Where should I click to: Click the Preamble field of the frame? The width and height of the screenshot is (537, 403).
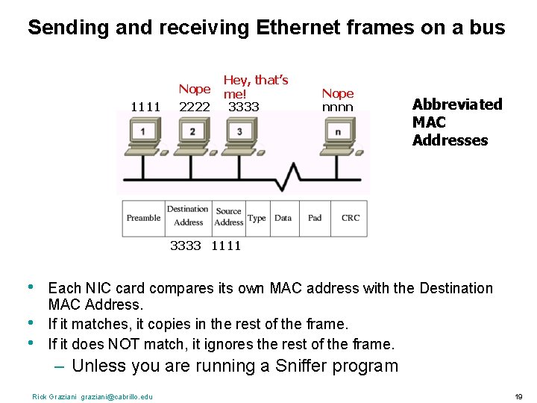(143, 218)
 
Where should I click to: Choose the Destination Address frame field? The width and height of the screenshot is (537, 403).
(188, 216)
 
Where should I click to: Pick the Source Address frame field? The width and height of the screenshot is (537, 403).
(228, 217)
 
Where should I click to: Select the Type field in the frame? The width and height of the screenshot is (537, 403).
(257, 218)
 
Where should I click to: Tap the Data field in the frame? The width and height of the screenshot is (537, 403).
(283, 218)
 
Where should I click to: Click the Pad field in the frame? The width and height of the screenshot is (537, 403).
(315, 218)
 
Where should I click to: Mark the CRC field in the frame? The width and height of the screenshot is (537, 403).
(351, 218)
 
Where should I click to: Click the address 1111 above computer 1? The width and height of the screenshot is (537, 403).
(145, 107)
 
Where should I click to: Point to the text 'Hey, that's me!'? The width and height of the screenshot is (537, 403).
(256, 87)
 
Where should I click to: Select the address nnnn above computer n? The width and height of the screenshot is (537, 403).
(337, 107)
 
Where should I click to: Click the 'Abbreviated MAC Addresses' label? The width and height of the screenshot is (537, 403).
(456, 122)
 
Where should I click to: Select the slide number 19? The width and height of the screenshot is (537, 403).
(518, 396)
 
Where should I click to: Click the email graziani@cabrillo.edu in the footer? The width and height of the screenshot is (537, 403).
(116, 396)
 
